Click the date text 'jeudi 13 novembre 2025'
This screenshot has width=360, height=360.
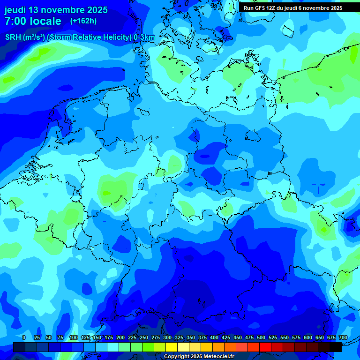pyautogui.click(x=56, y=10)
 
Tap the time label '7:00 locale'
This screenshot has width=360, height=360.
pyautogui.click(x=33, y=21)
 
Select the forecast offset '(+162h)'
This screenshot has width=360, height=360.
pyautogui.click(x=83, y=21)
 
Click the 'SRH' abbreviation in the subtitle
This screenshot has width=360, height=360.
pyautogui.click(x=13, y=37)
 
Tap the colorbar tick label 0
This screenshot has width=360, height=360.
pyautogui.click(x=24, y=337)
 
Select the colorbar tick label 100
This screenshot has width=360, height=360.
pyautogui.click(x=74, y=337)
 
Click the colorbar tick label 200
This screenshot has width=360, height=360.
pyautogui.click(x=120, y=337)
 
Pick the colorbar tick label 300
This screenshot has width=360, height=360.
pyautogui.click(x=167, y=337)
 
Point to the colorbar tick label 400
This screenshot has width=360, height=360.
pyautogui.click(x=214, y=337)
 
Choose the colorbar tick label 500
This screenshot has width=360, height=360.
pyautogui.click(x=261, y=337)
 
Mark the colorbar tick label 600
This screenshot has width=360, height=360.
pyautogui.click(x=308, y=337)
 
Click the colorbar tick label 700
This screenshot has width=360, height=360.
pyautogui.click(x=343, y=337)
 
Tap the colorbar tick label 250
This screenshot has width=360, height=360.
pyautogui.click(x=144, y=337)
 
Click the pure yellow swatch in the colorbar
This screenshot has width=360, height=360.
pyautogui.click(x=172, y=347)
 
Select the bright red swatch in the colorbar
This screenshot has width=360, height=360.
pyautogui.click(x=265, y=347)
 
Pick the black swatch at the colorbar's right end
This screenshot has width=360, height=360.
pyautogui.click(x=336, y=347)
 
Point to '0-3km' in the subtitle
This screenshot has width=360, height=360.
pyautogui.click(x=144, y=37)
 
